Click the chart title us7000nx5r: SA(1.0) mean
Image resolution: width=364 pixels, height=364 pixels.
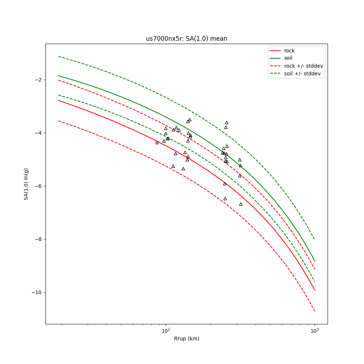186,39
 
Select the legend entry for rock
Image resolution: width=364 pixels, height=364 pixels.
289,51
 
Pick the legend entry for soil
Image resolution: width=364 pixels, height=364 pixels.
288,58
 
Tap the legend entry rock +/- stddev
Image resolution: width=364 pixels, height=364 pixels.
303,66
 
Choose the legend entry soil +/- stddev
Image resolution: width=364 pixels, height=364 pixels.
303,74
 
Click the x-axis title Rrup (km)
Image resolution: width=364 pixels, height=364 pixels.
186,339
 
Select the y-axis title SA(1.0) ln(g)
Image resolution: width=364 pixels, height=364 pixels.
26,184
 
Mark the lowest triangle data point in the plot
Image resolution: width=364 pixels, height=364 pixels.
241,204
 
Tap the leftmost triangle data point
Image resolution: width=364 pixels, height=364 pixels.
157,143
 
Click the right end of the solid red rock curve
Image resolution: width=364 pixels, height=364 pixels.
314,290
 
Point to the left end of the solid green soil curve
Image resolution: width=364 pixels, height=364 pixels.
58,76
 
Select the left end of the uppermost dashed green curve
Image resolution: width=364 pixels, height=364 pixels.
58,56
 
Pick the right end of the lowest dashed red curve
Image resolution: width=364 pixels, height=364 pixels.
314,311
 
